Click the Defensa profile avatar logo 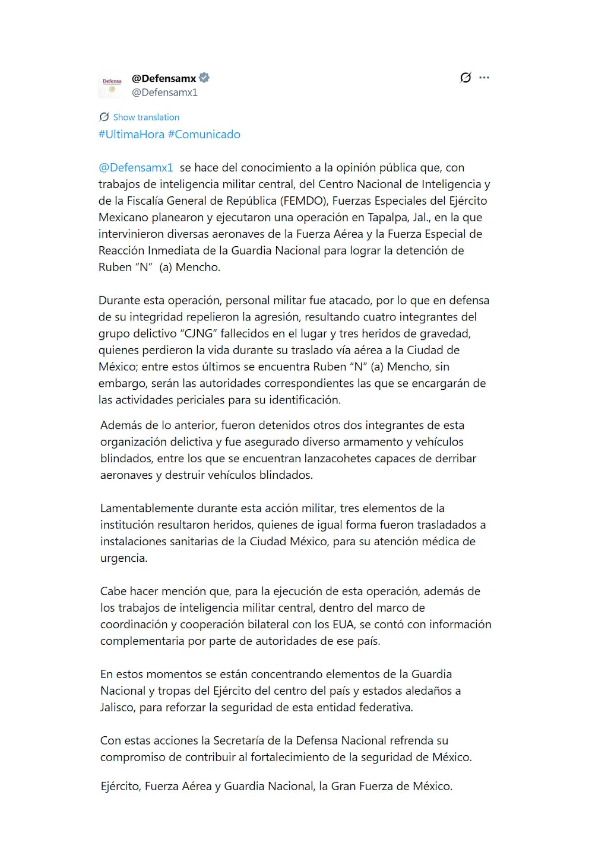112,85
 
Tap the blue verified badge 204,78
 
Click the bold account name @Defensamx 164,78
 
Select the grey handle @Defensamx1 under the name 164,93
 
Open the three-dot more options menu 484,78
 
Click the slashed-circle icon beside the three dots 465,78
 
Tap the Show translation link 146,117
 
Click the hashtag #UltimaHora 131,135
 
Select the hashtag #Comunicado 204,135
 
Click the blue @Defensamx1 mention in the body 136,168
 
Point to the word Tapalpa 388,218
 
